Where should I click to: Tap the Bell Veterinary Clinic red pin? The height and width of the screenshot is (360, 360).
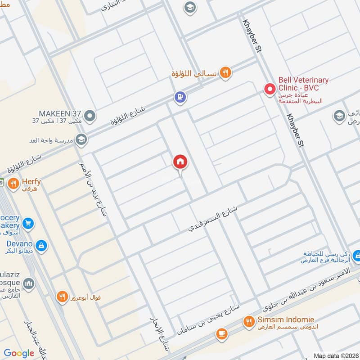[x=270, y=89]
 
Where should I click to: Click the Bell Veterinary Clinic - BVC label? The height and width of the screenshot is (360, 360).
[x=303, y=84]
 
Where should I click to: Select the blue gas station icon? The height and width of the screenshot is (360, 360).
[x=180, y=97]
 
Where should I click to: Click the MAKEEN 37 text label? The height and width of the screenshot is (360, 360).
[x=60, y=113]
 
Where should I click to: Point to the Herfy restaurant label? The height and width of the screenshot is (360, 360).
[x=31, y=182]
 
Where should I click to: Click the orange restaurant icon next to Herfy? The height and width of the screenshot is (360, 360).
[x=13, y=183]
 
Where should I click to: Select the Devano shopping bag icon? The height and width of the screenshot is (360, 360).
[x=41, y=245]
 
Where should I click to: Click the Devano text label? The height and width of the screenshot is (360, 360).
[x=19, y=243]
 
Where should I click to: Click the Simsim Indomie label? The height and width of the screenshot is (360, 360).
[x=286, y=319]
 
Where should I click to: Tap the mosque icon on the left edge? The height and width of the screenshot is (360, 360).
[x=28, y=283]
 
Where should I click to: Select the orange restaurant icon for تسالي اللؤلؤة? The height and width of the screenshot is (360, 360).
[x=225, y=73]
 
